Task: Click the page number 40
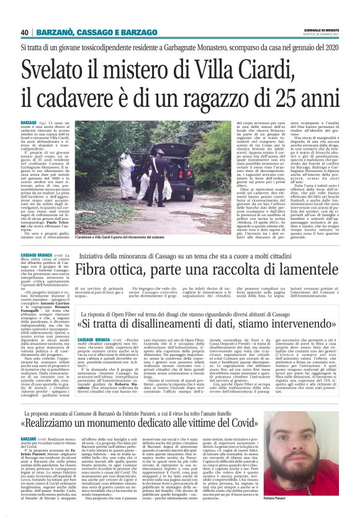(x=24, y=32)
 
